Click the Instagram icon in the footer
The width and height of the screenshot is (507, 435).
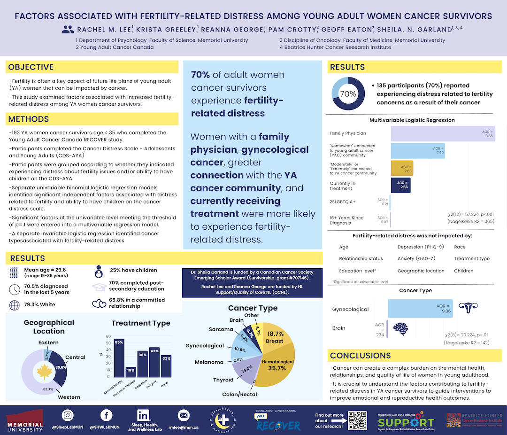68,415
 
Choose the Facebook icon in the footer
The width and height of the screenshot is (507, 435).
106,415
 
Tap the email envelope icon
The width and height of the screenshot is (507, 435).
184,415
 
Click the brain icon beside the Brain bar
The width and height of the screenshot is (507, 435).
400,328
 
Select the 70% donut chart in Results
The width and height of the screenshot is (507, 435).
348,93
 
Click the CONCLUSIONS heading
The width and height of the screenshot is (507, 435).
361,356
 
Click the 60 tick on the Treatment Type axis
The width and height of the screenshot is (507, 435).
109,336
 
